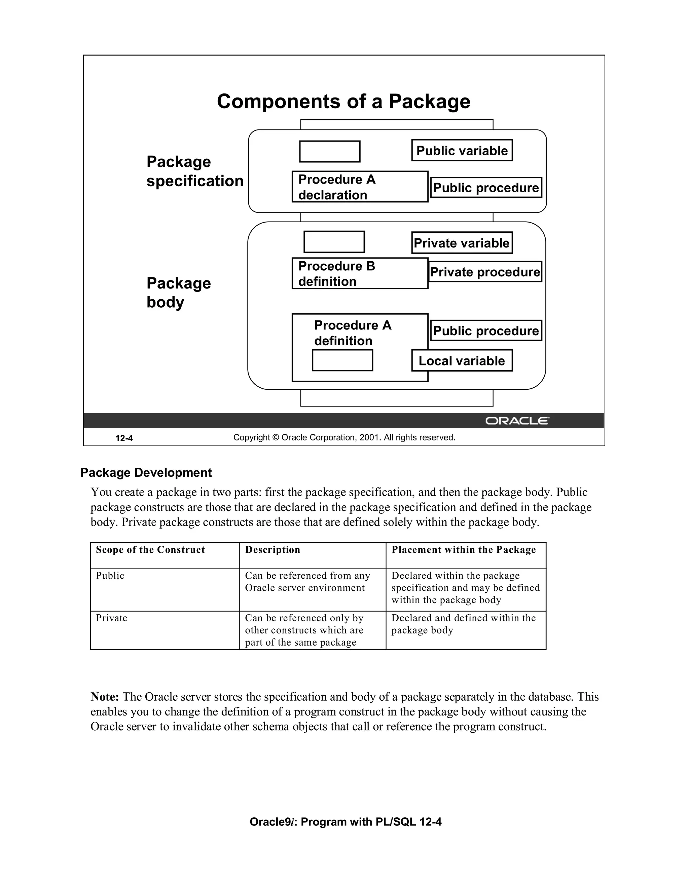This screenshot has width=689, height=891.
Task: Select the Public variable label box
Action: (x=462, y=151)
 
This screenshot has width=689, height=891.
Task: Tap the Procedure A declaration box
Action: (x=360, y=187)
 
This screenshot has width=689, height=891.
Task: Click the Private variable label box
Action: (x=462, y=243)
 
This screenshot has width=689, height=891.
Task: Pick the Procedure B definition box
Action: (x=360, y=273)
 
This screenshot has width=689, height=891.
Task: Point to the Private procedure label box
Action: (x=485, y=272)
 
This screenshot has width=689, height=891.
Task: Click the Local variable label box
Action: (x=462, y=361)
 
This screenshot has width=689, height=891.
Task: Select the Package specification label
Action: (x=194, y=171)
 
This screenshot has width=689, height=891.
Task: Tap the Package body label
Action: (x=178, y=293)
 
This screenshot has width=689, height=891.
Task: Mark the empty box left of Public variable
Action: (x=329, y=151)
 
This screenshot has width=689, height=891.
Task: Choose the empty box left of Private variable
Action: (x=334, y=242)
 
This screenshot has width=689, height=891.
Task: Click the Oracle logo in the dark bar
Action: (x=517, y=421)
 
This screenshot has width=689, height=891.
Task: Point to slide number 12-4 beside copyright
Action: (x=124, y=438)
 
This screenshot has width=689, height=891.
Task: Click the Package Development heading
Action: (x=146, y=472)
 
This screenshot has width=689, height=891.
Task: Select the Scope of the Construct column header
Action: (x=150, y=550)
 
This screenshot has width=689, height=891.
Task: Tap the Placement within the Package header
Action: (x=463, y=550)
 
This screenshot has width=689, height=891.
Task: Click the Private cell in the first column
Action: (x=111, y=618)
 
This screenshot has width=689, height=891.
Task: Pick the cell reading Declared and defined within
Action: (x=463, y=624)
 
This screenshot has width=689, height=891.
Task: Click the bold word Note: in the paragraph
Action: (x=105, y=697)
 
